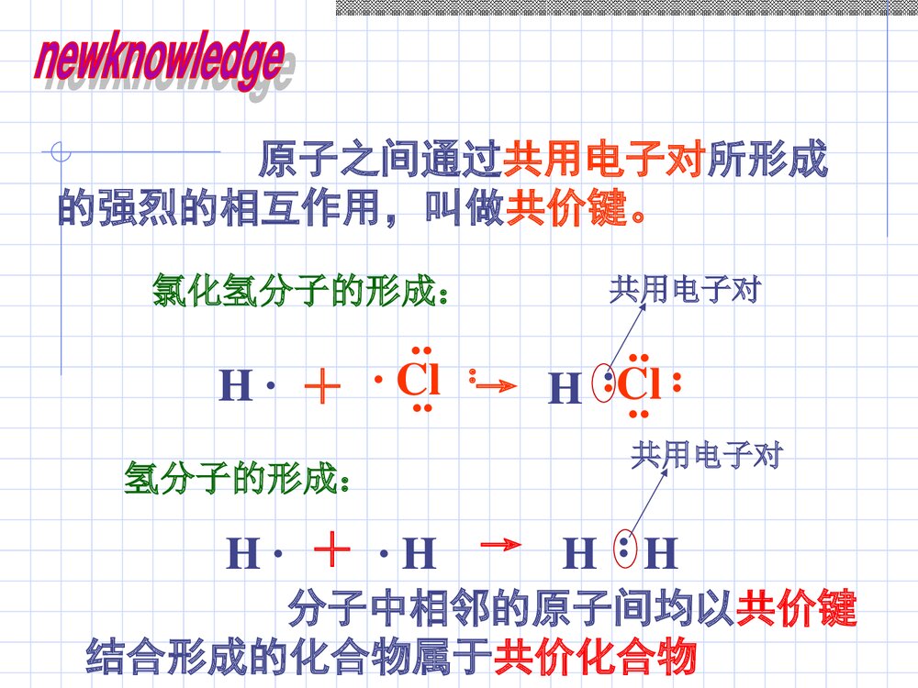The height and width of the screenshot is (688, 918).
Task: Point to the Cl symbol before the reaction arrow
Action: click(418, 380)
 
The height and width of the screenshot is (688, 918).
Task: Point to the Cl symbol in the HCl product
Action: click(639, 386)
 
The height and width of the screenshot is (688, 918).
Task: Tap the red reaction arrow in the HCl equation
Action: click(491, 386)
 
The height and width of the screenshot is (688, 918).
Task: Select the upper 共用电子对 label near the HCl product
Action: click(685, 291)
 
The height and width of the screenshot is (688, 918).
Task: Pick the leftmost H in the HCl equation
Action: click(235, 387)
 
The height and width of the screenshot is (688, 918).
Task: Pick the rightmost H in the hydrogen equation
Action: click(661, 554)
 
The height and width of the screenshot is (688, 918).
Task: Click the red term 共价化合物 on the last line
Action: click(596, 658)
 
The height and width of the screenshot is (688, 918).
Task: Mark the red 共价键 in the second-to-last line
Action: click(797, 608)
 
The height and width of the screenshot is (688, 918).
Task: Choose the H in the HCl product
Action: click(565, 391)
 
